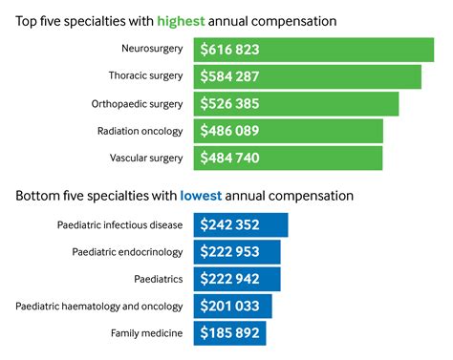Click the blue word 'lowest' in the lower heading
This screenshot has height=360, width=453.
pos(201,196)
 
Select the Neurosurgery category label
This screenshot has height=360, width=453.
pos(151,49)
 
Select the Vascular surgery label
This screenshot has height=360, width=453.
pos(145,158)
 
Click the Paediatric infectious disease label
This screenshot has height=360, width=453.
pos(119,225)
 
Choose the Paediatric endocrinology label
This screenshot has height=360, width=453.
pos(128,252)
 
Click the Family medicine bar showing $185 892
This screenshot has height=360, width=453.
pos(228,333)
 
